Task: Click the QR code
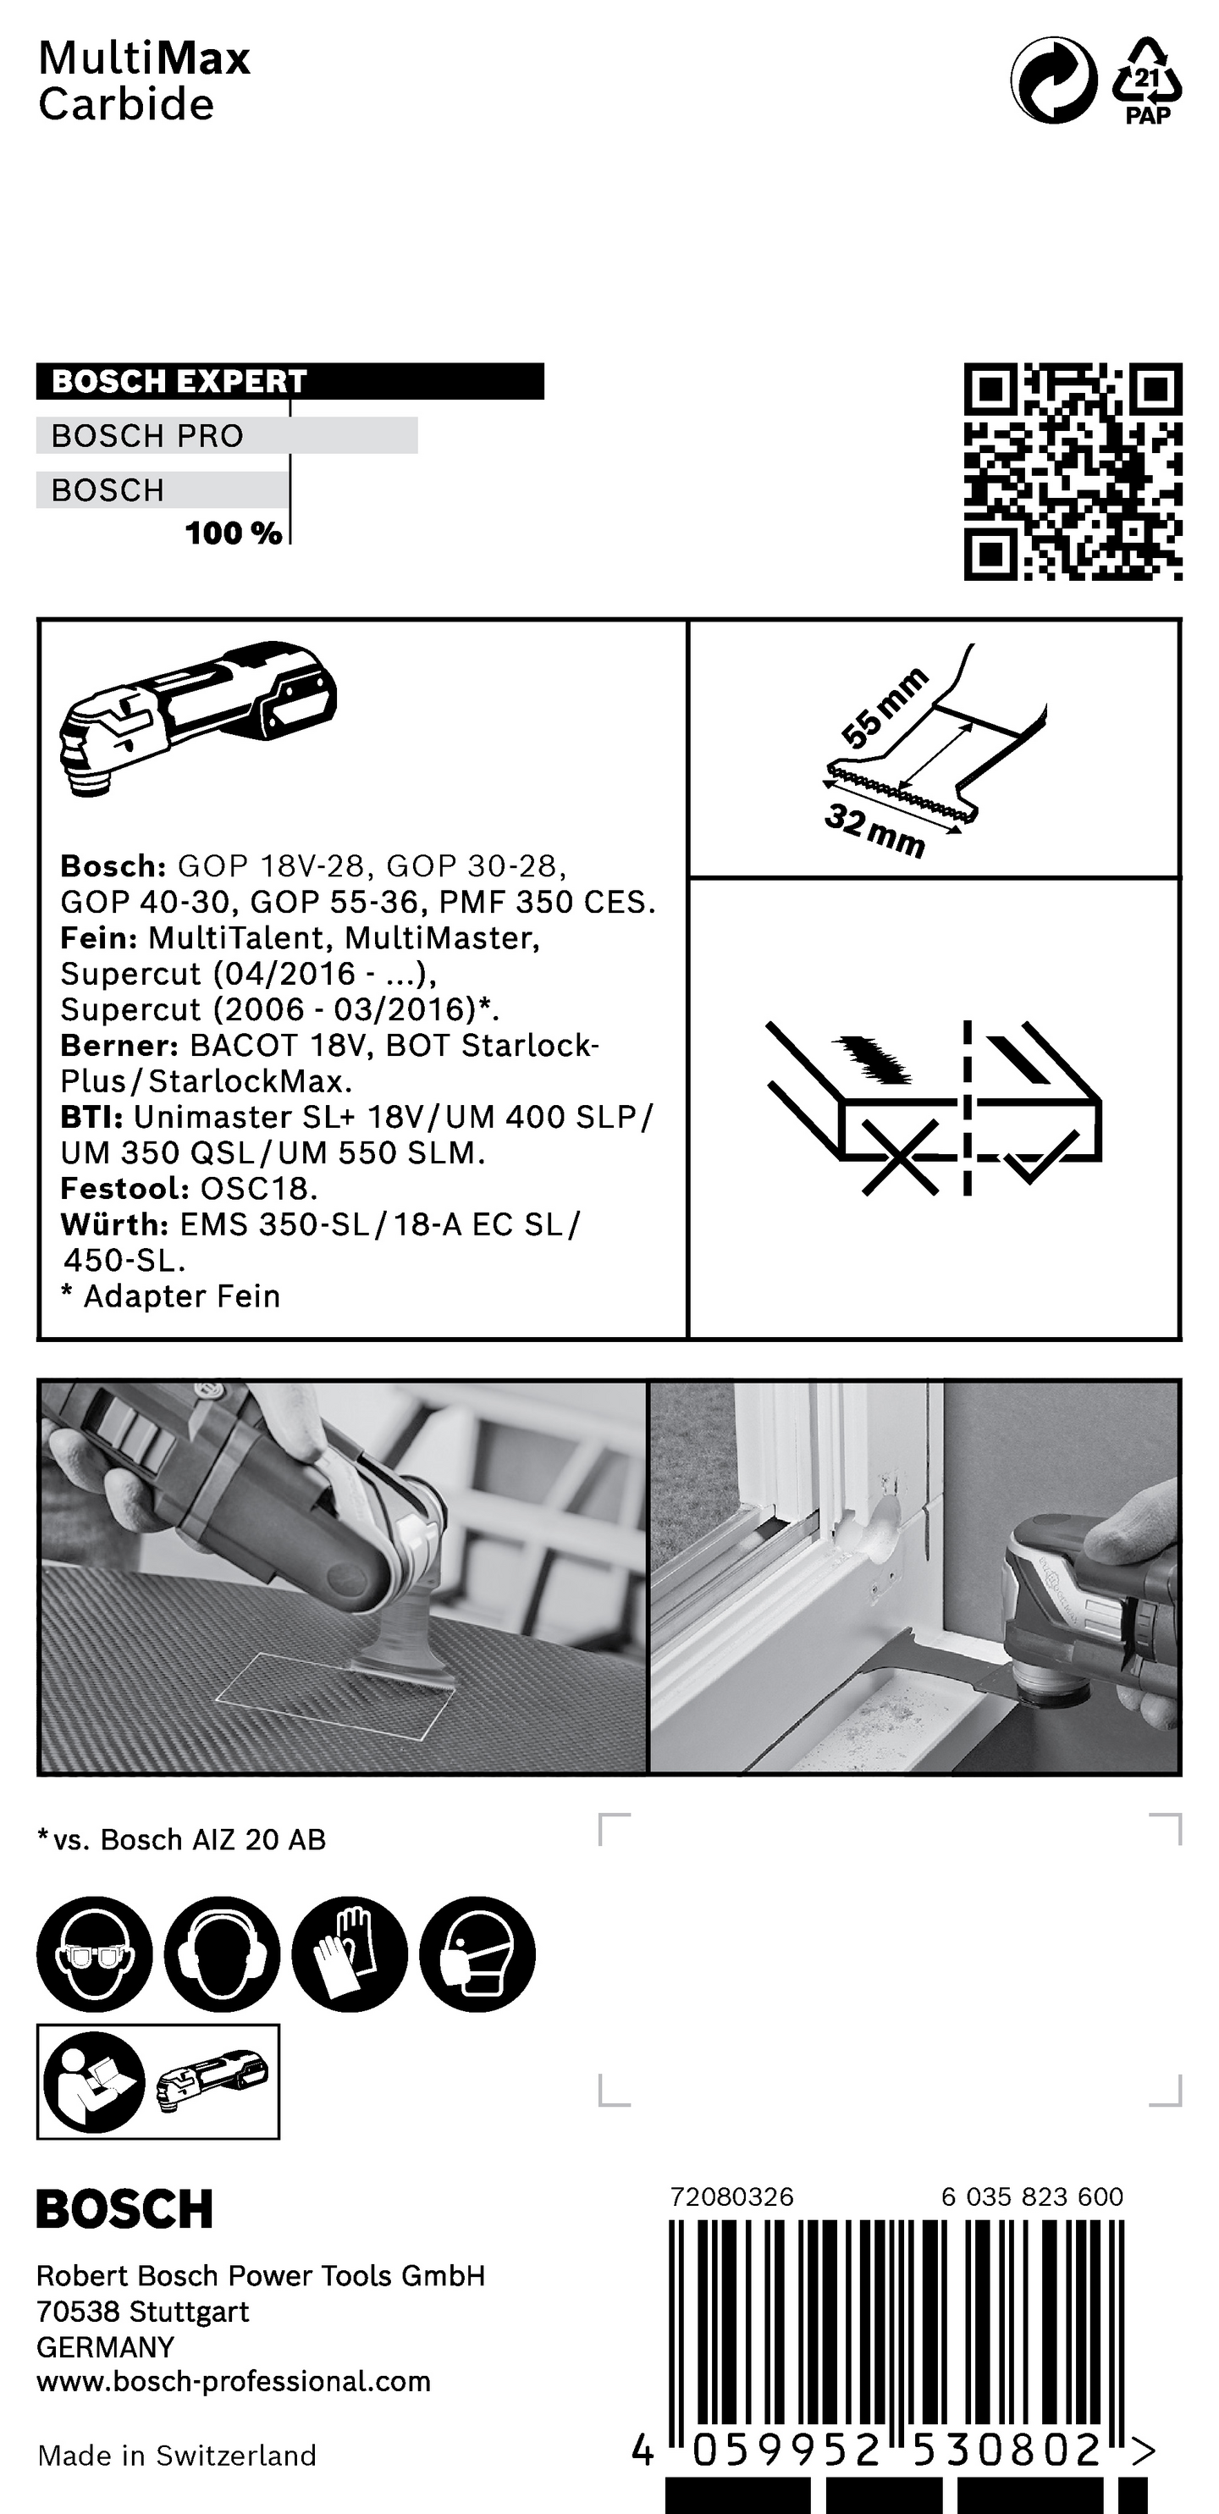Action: (x=1073, y=472)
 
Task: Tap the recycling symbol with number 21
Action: (x=1147, y=81)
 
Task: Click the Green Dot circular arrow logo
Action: (x=1054, y=81)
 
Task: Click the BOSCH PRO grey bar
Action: (x=226, y=435)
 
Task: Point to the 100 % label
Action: (x=234, y=533)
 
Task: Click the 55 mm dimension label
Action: (x=882, y=708)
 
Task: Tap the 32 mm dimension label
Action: (x=874, y=831)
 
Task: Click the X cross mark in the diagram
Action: (x=900, y=1157)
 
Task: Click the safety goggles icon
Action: (x=95, y=1955)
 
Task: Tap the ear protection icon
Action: (x=223, y=1955)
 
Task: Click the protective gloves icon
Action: (x=350, y=1955)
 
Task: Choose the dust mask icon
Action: (x=477, y=1955)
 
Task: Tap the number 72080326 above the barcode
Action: (x=731, y=2196)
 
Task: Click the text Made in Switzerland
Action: (x=177, y=2456)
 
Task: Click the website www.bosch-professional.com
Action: (x=234, y=2382)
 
